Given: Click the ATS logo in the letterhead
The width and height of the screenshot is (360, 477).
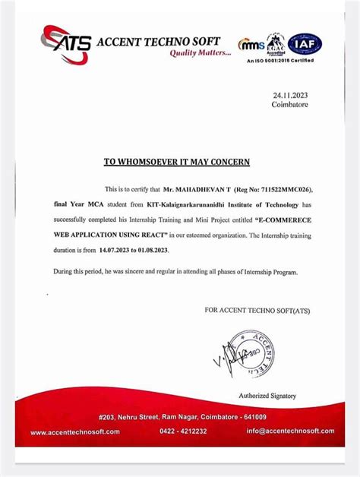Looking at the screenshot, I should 66,41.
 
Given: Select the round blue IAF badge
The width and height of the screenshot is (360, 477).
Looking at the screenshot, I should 305,44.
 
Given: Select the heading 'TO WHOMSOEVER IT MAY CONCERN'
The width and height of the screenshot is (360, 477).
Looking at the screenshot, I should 176,162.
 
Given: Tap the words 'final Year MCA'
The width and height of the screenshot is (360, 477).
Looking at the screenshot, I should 76,204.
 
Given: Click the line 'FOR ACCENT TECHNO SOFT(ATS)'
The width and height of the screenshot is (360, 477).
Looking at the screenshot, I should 257,311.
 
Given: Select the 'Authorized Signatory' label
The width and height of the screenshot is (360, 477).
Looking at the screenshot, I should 267,396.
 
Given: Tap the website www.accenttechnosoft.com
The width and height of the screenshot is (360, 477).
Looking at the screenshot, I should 76,431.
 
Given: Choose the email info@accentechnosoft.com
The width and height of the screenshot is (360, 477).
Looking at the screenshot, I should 289,431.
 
